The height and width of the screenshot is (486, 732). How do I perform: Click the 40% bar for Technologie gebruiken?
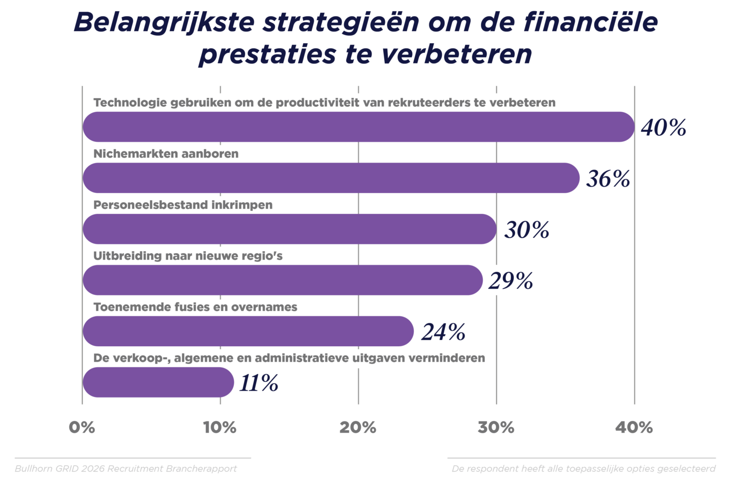[358, 127]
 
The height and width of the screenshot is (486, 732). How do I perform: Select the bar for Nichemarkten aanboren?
[330, 178]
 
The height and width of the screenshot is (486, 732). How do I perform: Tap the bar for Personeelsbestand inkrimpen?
[290, 229]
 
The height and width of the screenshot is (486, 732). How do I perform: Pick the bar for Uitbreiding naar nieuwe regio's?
[282, 280]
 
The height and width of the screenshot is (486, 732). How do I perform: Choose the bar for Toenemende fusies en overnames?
[248, 331]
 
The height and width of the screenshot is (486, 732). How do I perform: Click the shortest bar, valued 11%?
[158, 382]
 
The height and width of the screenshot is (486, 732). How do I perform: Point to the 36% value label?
[608, 179]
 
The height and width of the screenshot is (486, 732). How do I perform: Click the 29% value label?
[511, 281]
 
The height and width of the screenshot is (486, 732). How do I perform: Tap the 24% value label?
[443, 332]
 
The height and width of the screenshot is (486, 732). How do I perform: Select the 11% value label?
[259, 383]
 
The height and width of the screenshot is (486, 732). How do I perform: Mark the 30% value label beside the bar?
[527, 230]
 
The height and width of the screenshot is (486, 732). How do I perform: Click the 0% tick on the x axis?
[82, 428]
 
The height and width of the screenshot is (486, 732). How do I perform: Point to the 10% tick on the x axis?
[220, 428]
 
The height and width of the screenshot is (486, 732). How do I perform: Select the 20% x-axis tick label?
[358, 428]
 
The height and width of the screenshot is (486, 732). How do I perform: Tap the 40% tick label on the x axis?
[634, 428]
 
